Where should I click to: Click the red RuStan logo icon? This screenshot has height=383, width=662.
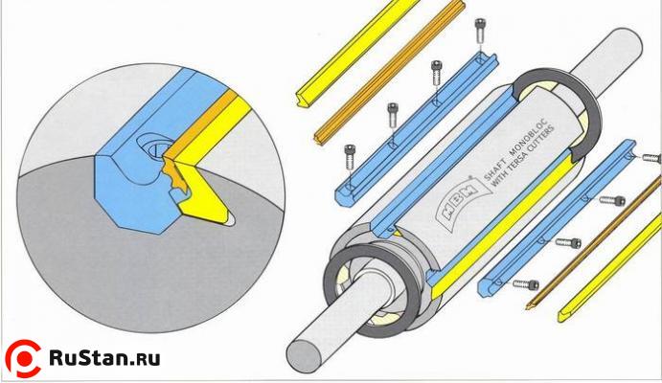click(23, 358)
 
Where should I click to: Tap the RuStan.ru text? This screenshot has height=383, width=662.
click(104, 358)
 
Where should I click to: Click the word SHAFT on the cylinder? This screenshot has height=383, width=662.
click(494, 169)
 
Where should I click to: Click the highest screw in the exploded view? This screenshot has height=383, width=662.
click(480, 31)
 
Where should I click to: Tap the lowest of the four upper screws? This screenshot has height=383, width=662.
click(350, 157)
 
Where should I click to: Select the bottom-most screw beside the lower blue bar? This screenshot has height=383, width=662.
click(526, 284)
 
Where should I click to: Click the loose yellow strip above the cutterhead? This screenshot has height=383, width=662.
click(358, 54)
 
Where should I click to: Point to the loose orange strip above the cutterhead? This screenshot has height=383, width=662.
click(389, 72)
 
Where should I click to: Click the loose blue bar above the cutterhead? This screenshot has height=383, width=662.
click(417, 129)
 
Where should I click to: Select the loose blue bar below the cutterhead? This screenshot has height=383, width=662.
click(557, 218)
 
